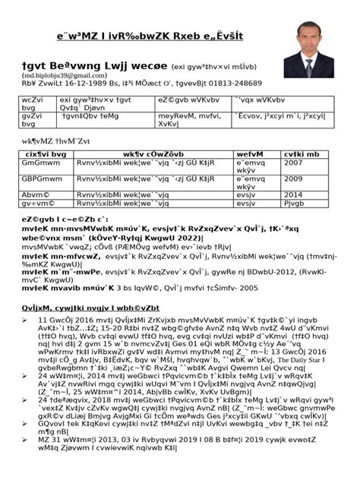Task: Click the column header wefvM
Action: [250, 154]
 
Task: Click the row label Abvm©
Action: [32, 194]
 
